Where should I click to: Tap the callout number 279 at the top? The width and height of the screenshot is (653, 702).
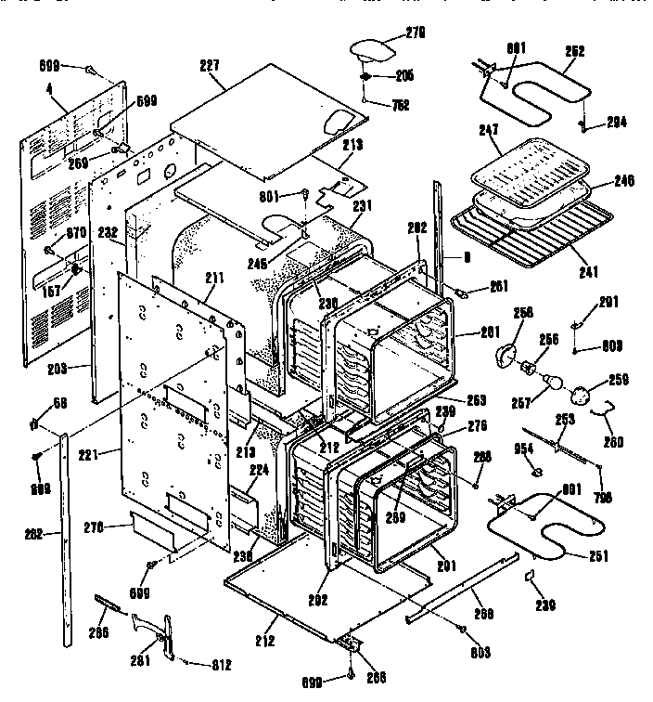click(414, 34)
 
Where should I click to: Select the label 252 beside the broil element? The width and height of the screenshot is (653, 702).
click(574, 52)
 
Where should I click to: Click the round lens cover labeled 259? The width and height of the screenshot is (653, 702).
click(584, 396)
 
